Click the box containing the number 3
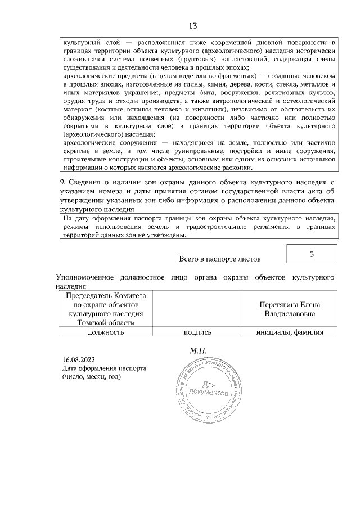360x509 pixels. pos(312,254)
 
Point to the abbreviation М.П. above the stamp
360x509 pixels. pos(199,350)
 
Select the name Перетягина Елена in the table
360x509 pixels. pos(290,304)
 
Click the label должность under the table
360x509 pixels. pos(105,332)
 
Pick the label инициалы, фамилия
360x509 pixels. pos(290,332)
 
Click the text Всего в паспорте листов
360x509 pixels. pos(220,259)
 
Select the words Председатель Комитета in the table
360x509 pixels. pos(106,295)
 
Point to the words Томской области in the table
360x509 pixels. pos(106,323)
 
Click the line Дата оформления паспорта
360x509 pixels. pos(104,368)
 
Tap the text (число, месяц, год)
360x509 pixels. pos(91,377)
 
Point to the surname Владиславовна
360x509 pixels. pos(290,313)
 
